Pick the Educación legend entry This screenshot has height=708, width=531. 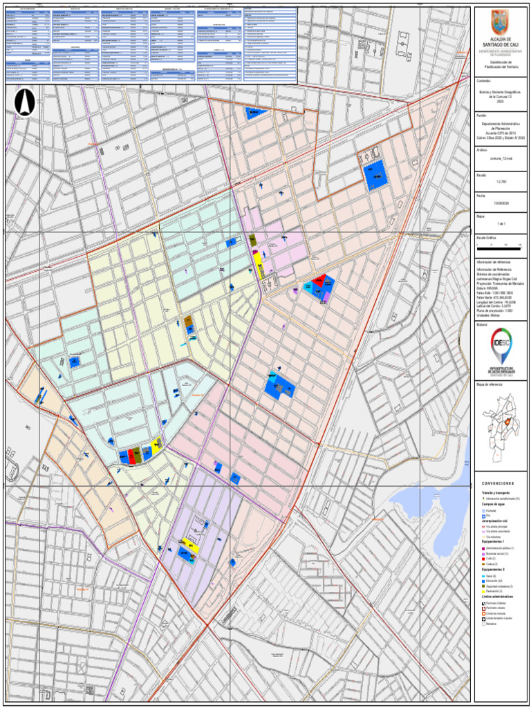[494, 581]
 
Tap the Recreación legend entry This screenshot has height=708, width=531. [494, 591]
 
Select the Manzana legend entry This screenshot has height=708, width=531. [492, 624]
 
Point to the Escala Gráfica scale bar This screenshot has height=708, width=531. [501, 245]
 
